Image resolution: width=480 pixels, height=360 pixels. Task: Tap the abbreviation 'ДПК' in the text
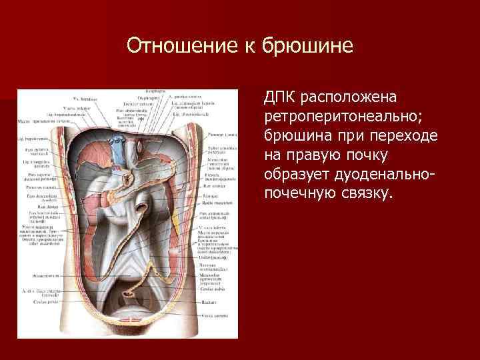pos(281,97)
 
